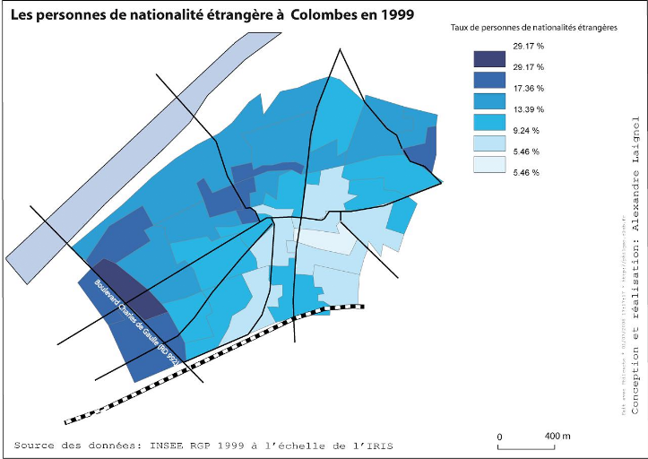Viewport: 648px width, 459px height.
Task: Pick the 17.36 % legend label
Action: click(529, 88)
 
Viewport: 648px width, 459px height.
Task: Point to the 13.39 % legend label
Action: click(529, 109)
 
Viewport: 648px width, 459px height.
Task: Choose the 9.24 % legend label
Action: click(527, 130)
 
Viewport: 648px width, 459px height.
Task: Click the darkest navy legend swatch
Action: click(489, 59)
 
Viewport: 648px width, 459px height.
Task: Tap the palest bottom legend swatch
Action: click(489, 164)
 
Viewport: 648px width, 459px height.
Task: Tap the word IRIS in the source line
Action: click(377, 446)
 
